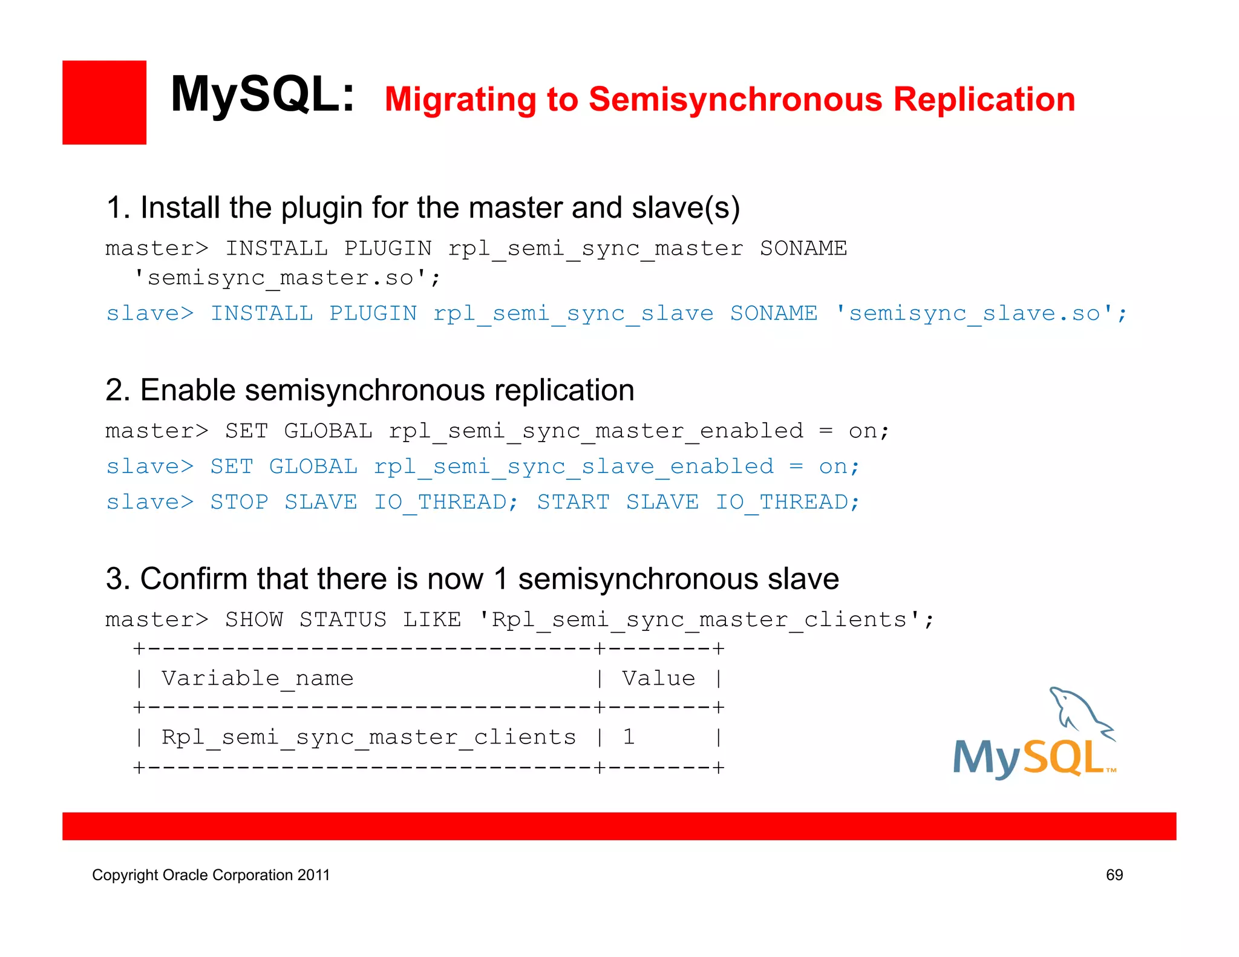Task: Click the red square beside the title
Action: [104, 102]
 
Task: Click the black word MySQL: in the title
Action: [262, 95]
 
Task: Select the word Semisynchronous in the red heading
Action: [735, 100]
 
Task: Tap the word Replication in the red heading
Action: [984, 100]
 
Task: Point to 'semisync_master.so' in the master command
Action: [287, 278]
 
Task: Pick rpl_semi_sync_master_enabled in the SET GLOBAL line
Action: [595, 431]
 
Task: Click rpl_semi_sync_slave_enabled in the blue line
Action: [574, 467]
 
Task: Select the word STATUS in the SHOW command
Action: [342, 620]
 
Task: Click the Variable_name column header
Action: [257, 679]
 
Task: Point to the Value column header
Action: [658, 679]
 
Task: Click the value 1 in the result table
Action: [629, 737]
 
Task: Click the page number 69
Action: [1114, 875]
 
